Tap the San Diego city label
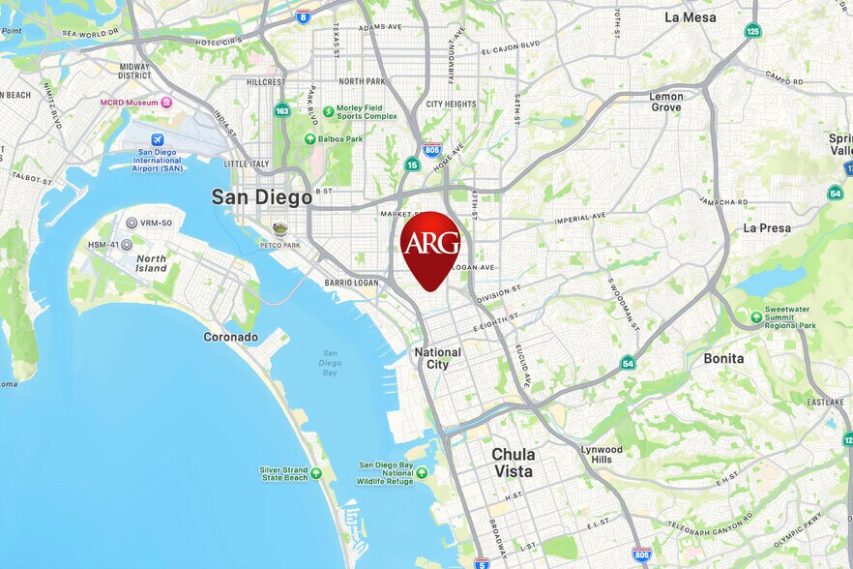pyautogui.click(x=262, y=196)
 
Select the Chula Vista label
pyautogui.click(x=513, y=463)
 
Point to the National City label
pyautogui.click(x=438, y=358)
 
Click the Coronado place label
pyautogui.click(x=230, y=337)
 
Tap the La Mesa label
pyautogui.click(x=690, y=17)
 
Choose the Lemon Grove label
pyautogui.click(x=665, y=102)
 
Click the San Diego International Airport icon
pyautogui.click(x=158, y=139)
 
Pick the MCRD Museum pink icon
pyautogui.click(x=166, y=103)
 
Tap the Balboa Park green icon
pyautogui.click(x=310, y=139)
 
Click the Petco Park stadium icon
pyautogui.click(x=279, y=229)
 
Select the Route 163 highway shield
pyautogui.click(x=281, y=110)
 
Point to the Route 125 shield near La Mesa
pyautogui.click(x=752, y=31)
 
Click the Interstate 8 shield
pyautogui.click(x=303, y=16)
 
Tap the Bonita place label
pyautogui.click(x=723, y=358)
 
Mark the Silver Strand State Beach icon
pyautogui.click(x=316, y=473)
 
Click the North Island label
pyautogui.click(x=151, y=264)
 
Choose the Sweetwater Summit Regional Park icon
pyautogui.click(x=756, y=316)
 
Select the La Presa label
pyautogui.click(x=767, y=228)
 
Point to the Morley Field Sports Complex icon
pyautogui.click(x=329, y=112)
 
